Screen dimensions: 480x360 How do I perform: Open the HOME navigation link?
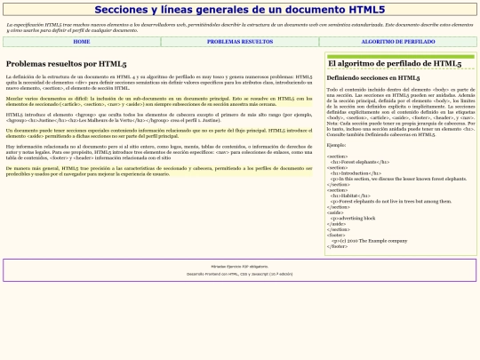(82, 42)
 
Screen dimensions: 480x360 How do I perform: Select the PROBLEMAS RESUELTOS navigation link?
(240, 42)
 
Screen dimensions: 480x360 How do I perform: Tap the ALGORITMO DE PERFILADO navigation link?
(397, 42)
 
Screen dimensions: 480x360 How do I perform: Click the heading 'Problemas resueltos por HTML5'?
(66, 64)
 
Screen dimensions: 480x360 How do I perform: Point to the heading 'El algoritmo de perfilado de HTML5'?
(394, 64)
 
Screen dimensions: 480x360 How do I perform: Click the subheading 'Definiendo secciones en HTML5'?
(373, 78)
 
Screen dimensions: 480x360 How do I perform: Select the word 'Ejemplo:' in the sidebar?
(337, 144)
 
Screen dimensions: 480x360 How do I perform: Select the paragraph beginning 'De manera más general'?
(159, 169)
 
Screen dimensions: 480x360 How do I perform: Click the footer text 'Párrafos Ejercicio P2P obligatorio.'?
(239, 266)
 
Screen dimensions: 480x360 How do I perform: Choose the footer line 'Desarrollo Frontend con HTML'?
(239, 274)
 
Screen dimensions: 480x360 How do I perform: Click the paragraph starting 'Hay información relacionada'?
(159, 151)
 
